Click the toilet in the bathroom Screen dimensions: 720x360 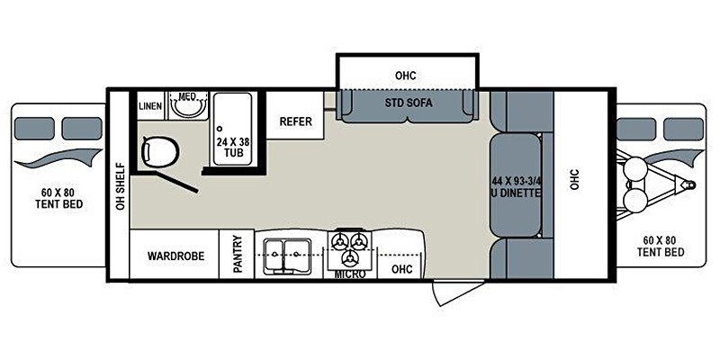click(159, 151)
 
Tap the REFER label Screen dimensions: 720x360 click(296, 121)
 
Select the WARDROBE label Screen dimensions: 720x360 click(175, 256)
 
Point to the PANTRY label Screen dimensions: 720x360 click(238, 254)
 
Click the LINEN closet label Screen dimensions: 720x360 click(150, 106)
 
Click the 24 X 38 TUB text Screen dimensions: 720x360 click(234, 147)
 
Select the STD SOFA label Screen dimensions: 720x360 click(409, 103)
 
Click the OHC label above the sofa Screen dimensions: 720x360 click(406, 75)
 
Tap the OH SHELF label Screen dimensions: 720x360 click(121, 186)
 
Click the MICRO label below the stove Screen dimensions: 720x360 click(350, 274)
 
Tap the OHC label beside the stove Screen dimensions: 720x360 click(401, 268)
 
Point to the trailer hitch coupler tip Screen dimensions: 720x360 click(691, 184)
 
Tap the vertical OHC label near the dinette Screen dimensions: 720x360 click(575, 179)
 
